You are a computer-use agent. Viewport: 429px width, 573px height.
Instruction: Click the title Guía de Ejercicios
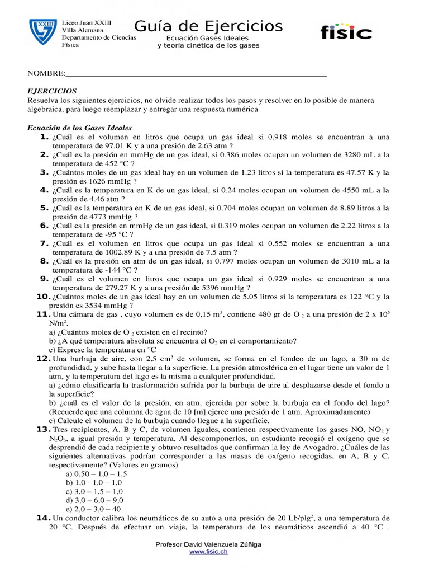coord(208,26)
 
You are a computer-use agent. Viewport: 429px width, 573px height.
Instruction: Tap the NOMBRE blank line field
coord(196,73)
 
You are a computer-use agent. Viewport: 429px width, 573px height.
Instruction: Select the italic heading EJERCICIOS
coord(52,91)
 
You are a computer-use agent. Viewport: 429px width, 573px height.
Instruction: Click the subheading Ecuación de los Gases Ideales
coord(79,128)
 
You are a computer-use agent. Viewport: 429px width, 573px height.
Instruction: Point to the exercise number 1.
coord(43,137)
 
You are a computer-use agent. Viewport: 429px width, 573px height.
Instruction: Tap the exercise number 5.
coord(43,208)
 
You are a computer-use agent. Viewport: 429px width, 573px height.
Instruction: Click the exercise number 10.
coord(44,297)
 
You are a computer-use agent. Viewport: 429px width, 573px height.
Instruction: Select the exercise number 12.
coord(44,358)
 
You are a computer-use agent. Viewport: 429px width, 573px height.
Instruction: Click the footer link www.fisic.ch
coord(208,552)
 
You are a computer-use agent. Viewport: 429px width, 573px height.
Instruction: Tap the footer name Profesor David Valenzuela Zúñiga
coord(208,544)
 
